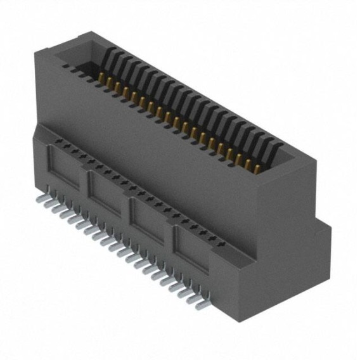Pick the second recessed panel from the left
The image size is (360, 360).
click(x=108, y=195)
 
